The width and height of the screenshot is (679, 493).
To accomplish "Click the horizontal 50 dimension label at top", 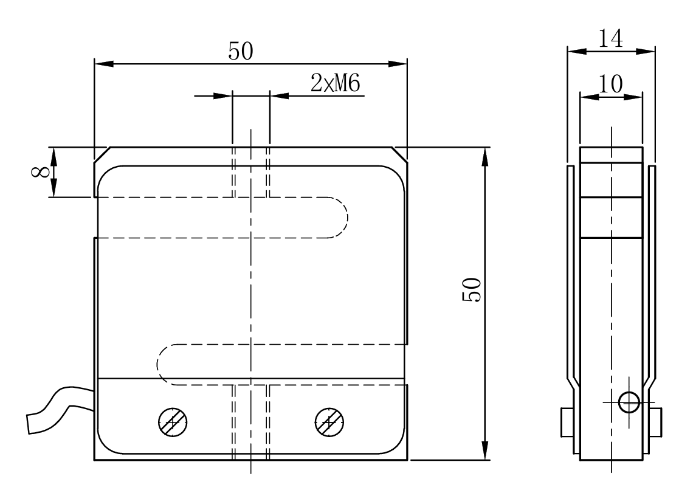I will click(241, 52).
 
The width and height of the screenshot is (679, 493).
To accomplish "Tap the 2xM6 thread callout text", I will click(336, 84).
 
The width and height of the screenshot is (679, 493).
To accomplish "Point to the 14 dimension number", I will click(610, 40).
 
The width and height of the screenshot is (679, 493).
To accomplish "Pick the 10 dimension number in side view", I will click(610, 85).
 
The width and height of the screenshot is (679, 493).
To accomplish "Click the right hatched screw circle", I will click(329, 421).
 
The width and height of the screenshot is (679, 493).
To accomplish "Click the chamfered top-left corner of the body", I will click(101, 154).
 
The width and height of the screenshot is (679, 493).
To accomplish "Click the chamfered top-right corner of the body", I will click(399, 154).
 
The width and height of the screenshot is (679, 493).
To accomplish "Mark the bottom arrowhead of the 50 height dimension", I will click(484, 452).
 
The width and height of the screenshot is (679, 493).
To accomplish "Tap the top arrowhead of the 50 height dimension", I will click(484, 156).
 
